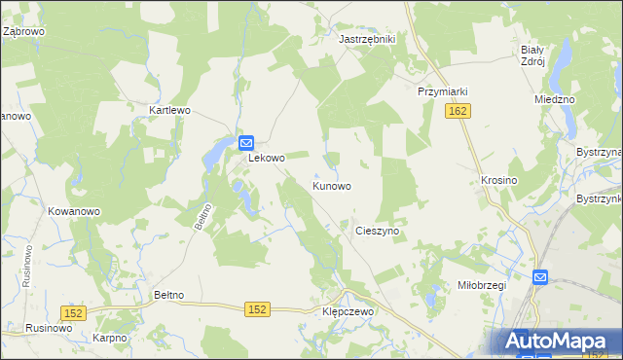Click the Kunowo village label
(331, 185)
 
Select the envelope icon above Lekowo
(247, 142)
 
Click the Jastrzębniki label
(366, 39)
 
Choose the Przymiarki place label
(443, 91)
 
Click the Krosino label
(498, 181)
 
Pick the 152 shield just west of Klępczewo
(256, 308)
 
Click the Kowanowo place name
(74, 210)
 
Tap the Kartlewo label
(168, 110)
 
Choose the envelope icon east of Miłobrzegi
(539, 278)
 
